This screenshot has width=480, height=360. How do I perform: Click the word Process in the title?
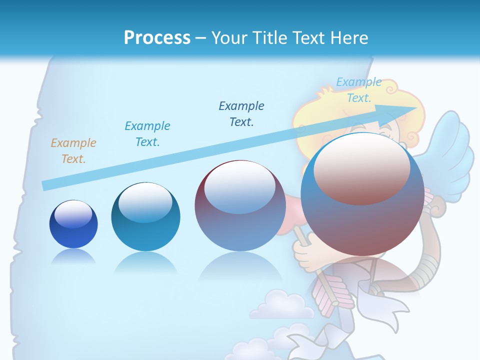157,37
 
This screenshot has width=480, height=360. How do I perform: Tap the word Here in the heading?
349,37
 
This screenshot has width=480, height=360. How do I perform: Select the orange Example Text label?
73,151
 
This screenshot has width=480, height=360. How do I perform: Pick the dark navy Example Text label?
241,113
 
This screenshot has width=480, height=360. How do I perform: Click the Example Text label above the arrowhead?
358,90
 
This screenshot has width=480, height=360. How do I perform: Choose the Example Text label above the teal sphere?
147,134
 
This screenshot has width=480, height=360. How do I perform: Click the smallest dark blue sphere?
73,224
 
